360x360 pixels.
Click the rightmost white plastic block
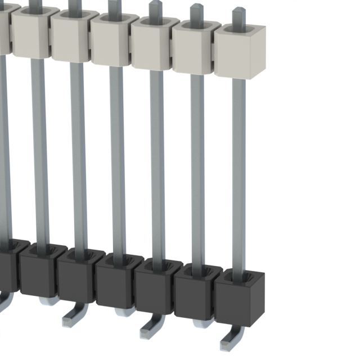click(x=240, y=54)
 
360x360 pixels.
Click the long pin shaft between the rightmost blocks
click(x=239, y=169)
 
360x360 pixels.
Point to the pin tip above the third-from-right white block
click(x=155, y=9)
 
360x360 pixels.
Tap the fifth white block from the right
click(x=71, y=39)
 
